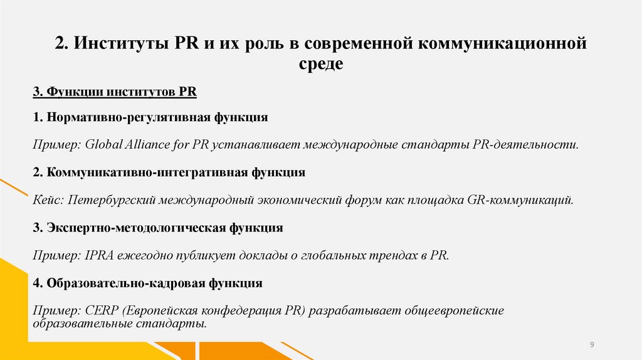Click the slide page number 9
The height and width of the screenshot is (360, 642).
click(592, 345)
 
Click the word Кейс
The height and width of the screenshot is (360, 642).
click(48, 200)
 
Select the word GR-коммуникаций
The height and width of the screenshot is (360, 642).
click(520, 200)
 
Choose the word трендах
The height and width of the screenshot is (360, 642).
click(393, 255)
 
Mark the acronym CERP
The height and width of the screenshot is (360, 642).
click(99, 312)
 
